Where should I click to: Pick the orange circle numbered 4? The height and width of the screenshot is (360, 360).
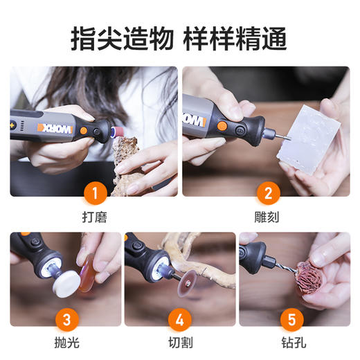pos(179,320)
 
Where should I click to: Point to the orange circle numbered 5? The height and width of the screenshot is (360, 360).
pos(293,320)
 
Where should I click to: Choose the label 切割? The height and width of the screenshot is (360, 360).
pos(179,344)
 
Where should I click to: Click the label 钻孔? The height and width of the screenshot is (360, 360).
pos(293,344)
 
